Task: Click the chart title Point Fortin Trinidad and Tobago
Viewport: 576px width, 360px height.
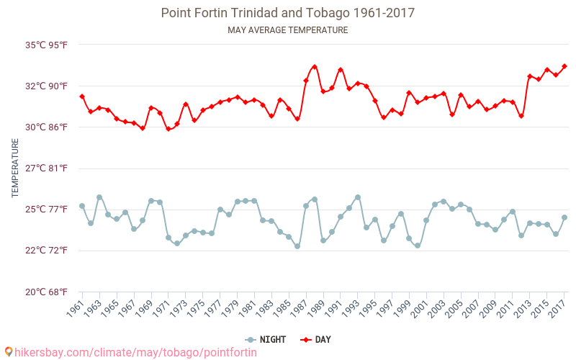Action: point(287,13)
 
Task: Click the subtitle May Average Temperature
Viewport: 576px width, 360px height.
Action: point(287,30)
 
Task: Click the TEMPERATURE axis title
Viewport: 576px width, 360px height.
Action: point(15,168)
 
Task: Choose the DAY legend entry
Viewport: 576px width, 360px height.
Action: point(316,339)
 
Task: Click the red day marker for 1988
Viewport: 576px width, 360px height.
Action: point(315,67)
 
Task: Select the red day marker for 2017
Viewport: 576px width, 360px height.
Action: point(564,66)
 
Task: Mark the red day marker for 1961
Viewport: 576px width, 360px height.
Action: point(82,96)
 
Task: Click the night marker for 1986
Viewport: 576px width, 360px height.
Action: point(297,246)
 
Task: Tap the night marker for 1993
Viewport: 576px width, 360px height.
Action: point(358,197)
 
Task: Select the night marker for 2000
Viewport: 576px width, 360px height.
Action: point(418,246)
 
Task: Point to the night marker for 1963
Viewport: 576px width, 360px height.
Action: point(99,197)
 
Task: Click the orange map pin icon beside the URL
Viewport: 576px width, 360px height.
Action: point(9,352)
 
